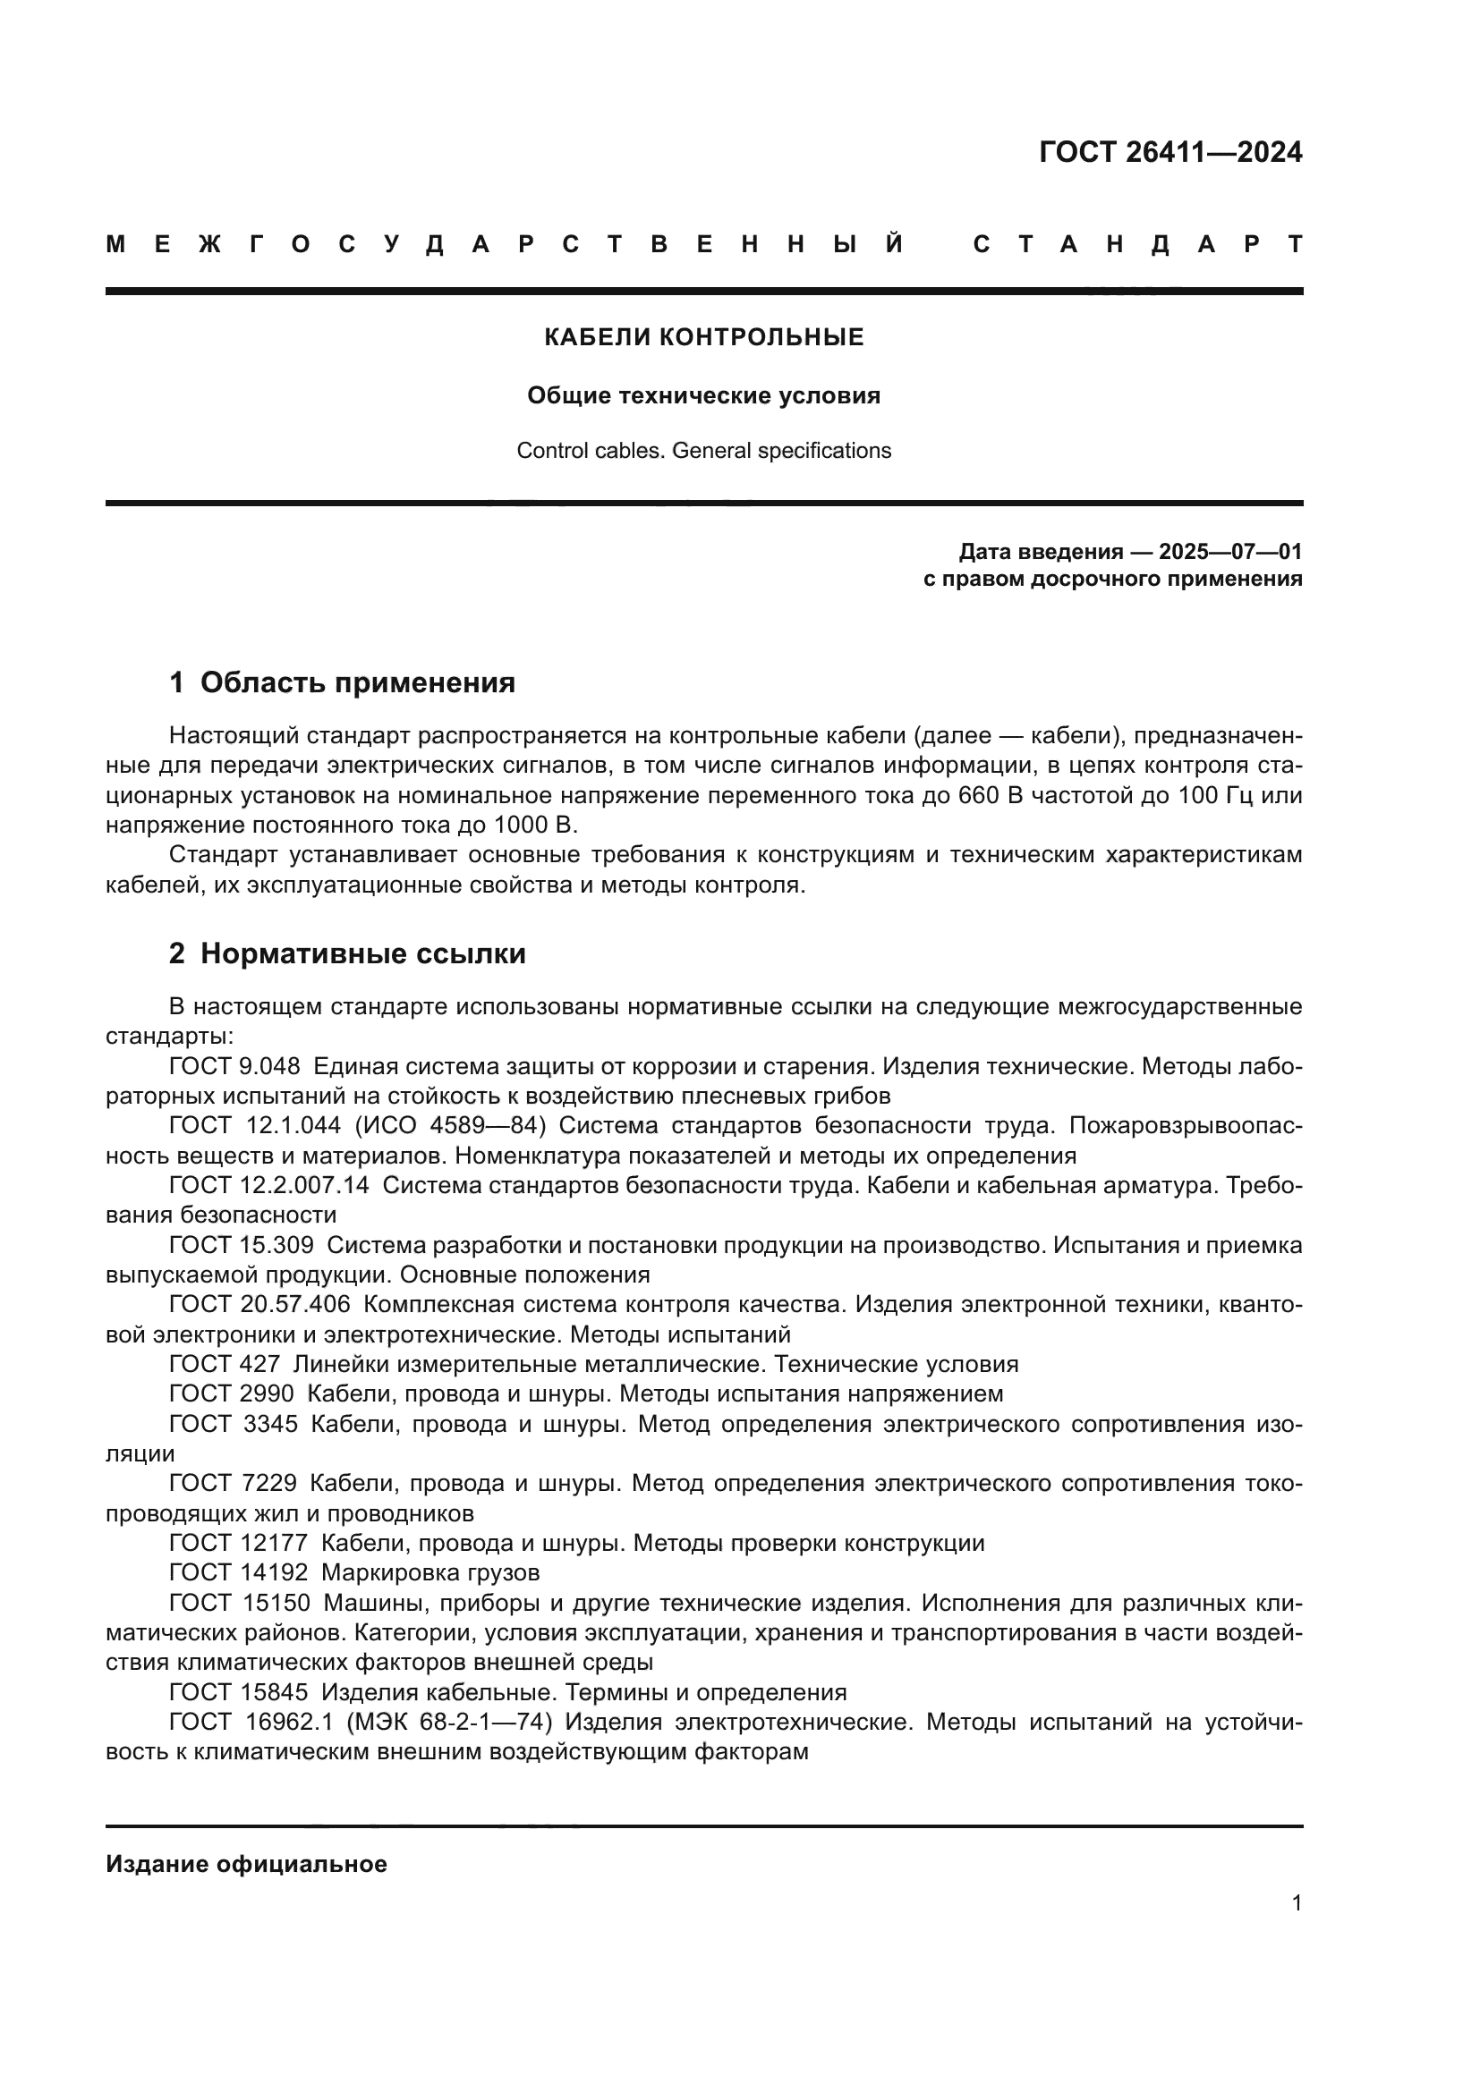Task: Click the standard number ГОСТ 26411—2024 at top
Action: [1170, 152]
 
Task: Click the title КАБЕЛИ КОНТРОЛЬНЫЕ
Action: [703, 337]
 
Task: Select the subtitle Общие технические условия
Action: [703, 395]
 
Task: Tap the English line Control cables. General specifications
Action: [703, 451]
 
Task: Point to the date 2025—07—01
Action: [1230, 551]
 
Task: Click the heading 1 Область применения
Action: [342, 682]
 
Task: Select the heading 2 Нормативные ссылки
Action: [347, 954]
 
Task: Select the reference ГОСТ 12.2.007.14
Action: [268, 1185]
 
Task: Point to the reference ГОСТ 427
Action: [225, 1364]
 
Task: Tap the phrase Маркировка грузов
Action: [430, 1572]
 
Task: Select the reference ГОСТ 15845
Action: [239, 1692]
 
